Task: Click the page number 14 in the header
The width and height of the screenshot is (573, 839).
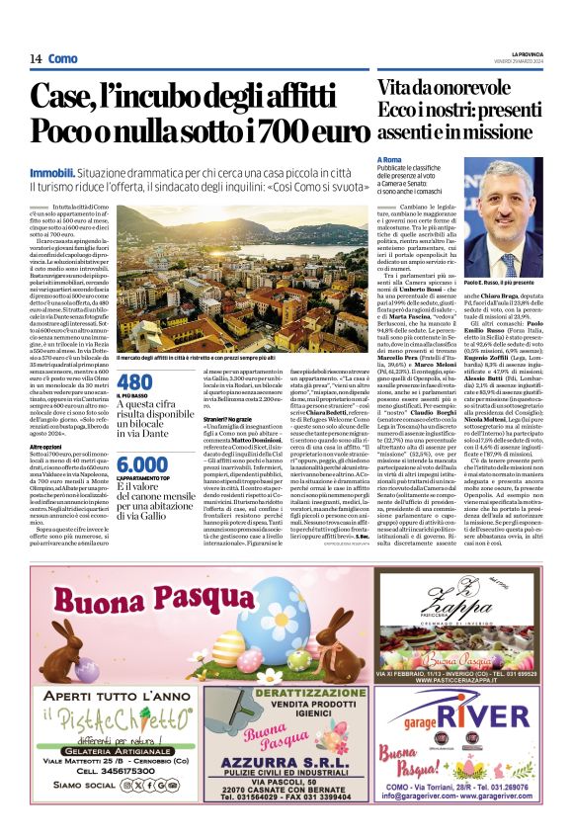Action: [x=35, y=59]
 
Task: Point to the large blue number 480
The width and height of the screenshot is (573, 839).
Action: [x=134, y=382]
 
